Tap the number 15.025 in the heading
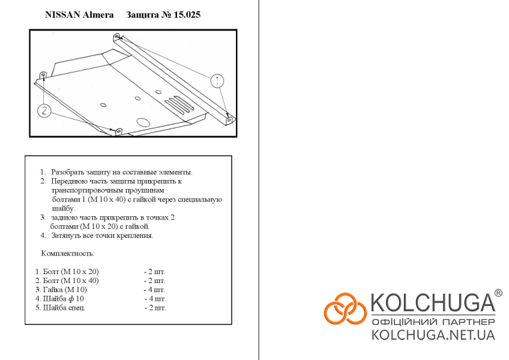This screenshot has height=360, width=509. click(x=187, y=15)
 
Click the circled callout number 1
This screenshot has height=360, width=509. click(x=217, y=81)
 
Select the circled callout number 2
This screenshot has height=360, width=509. click(x=44, y=111)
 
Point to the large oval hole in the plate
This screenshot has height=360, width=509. click(x=143, y=122)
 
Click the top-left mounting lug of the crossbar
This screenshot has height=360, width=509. click(x=117, y=37)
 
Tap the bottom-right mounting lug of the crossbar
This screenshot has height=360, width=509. click(x=230, y=120)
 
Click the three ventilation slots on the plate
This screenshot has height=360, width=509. click(x=179, y=104)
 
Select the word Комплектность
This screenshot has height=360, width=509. click(x=68, y=253)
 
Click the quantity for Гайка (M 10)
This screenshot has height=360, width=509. click(x=155, y=289)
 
